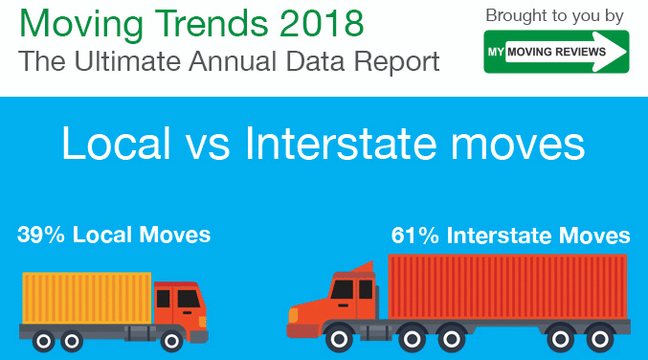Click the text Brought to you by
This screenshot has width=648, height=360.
(556, 15)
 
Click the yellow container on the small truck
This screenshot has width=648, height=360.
(87, 298)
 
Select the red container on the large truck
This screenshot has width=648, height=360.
(507, 286)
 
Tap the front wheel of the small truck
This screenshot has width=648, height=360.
(172, 340)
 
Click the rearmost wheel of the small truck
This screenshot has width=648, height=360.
(42, 340)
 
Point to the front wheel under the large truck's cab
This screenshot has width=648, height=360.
(337, 340)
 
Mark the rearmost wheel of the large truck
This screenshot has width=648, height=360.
(597, 340)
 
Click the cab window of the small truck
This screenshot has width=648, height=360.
(188, 299)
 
